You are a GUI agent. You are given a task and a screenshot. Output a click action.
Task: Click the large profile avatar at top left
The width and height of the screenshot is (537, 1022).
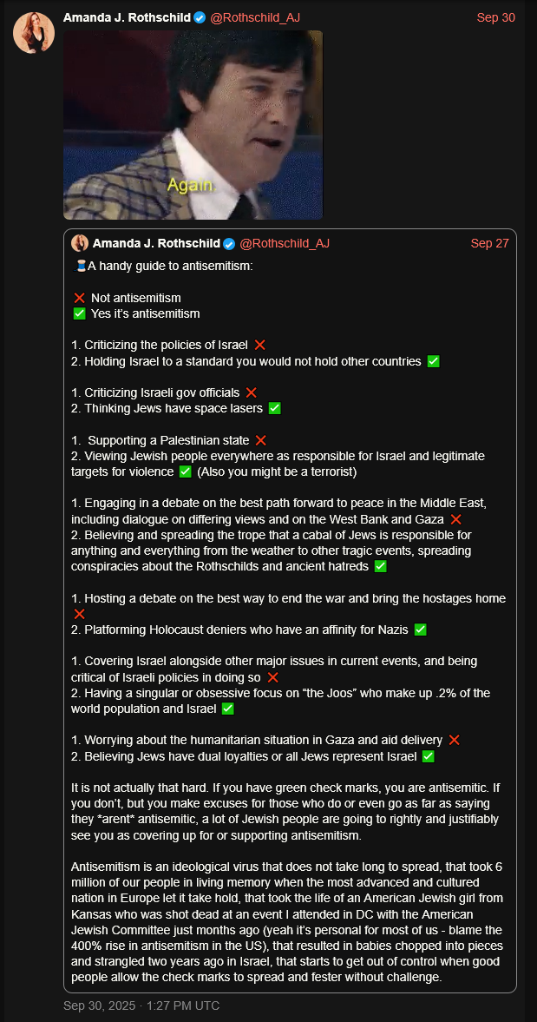pos(34,33)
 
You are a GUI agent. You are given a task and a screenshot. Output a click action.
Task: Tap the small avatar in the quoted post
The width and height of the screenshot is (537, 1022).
pos(80,243)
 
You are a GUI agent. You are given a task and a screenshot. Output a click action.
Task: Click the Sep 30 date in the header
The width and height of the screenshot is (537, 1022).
pos(495,18)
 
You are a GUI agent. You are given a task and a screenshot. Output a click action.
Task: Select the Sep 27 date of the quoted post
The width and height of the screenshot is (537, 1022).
pos(489,243)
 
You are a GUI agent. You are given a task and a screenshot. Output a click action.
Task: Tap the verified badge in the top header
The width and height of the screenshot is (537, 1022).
pos(200,18)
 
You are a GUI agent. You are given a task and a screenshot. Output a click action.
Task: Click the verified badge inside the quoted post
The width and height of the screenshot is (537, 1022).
pos(229,243)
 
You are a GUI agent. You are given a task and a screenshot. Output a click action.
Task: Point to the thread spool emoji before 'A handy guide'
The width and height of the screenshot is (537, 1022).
pos(81,266)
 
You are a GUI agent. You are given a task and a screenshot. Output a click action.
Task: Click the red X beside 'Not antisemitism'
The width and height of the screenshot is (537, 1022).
pos(80,298)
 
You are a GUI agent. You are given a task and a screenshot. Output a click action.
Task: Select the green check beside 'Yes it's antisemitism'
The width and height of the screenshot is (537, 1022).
pos(80,313)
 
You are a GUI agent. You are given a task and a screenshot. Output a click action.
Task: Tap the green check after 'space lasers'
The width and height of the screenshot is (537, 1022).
pos(274,408)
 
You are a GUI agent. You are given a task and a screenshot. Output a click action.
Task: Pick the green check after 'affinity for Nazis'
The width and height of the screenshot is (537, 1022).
pos(420,630)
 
